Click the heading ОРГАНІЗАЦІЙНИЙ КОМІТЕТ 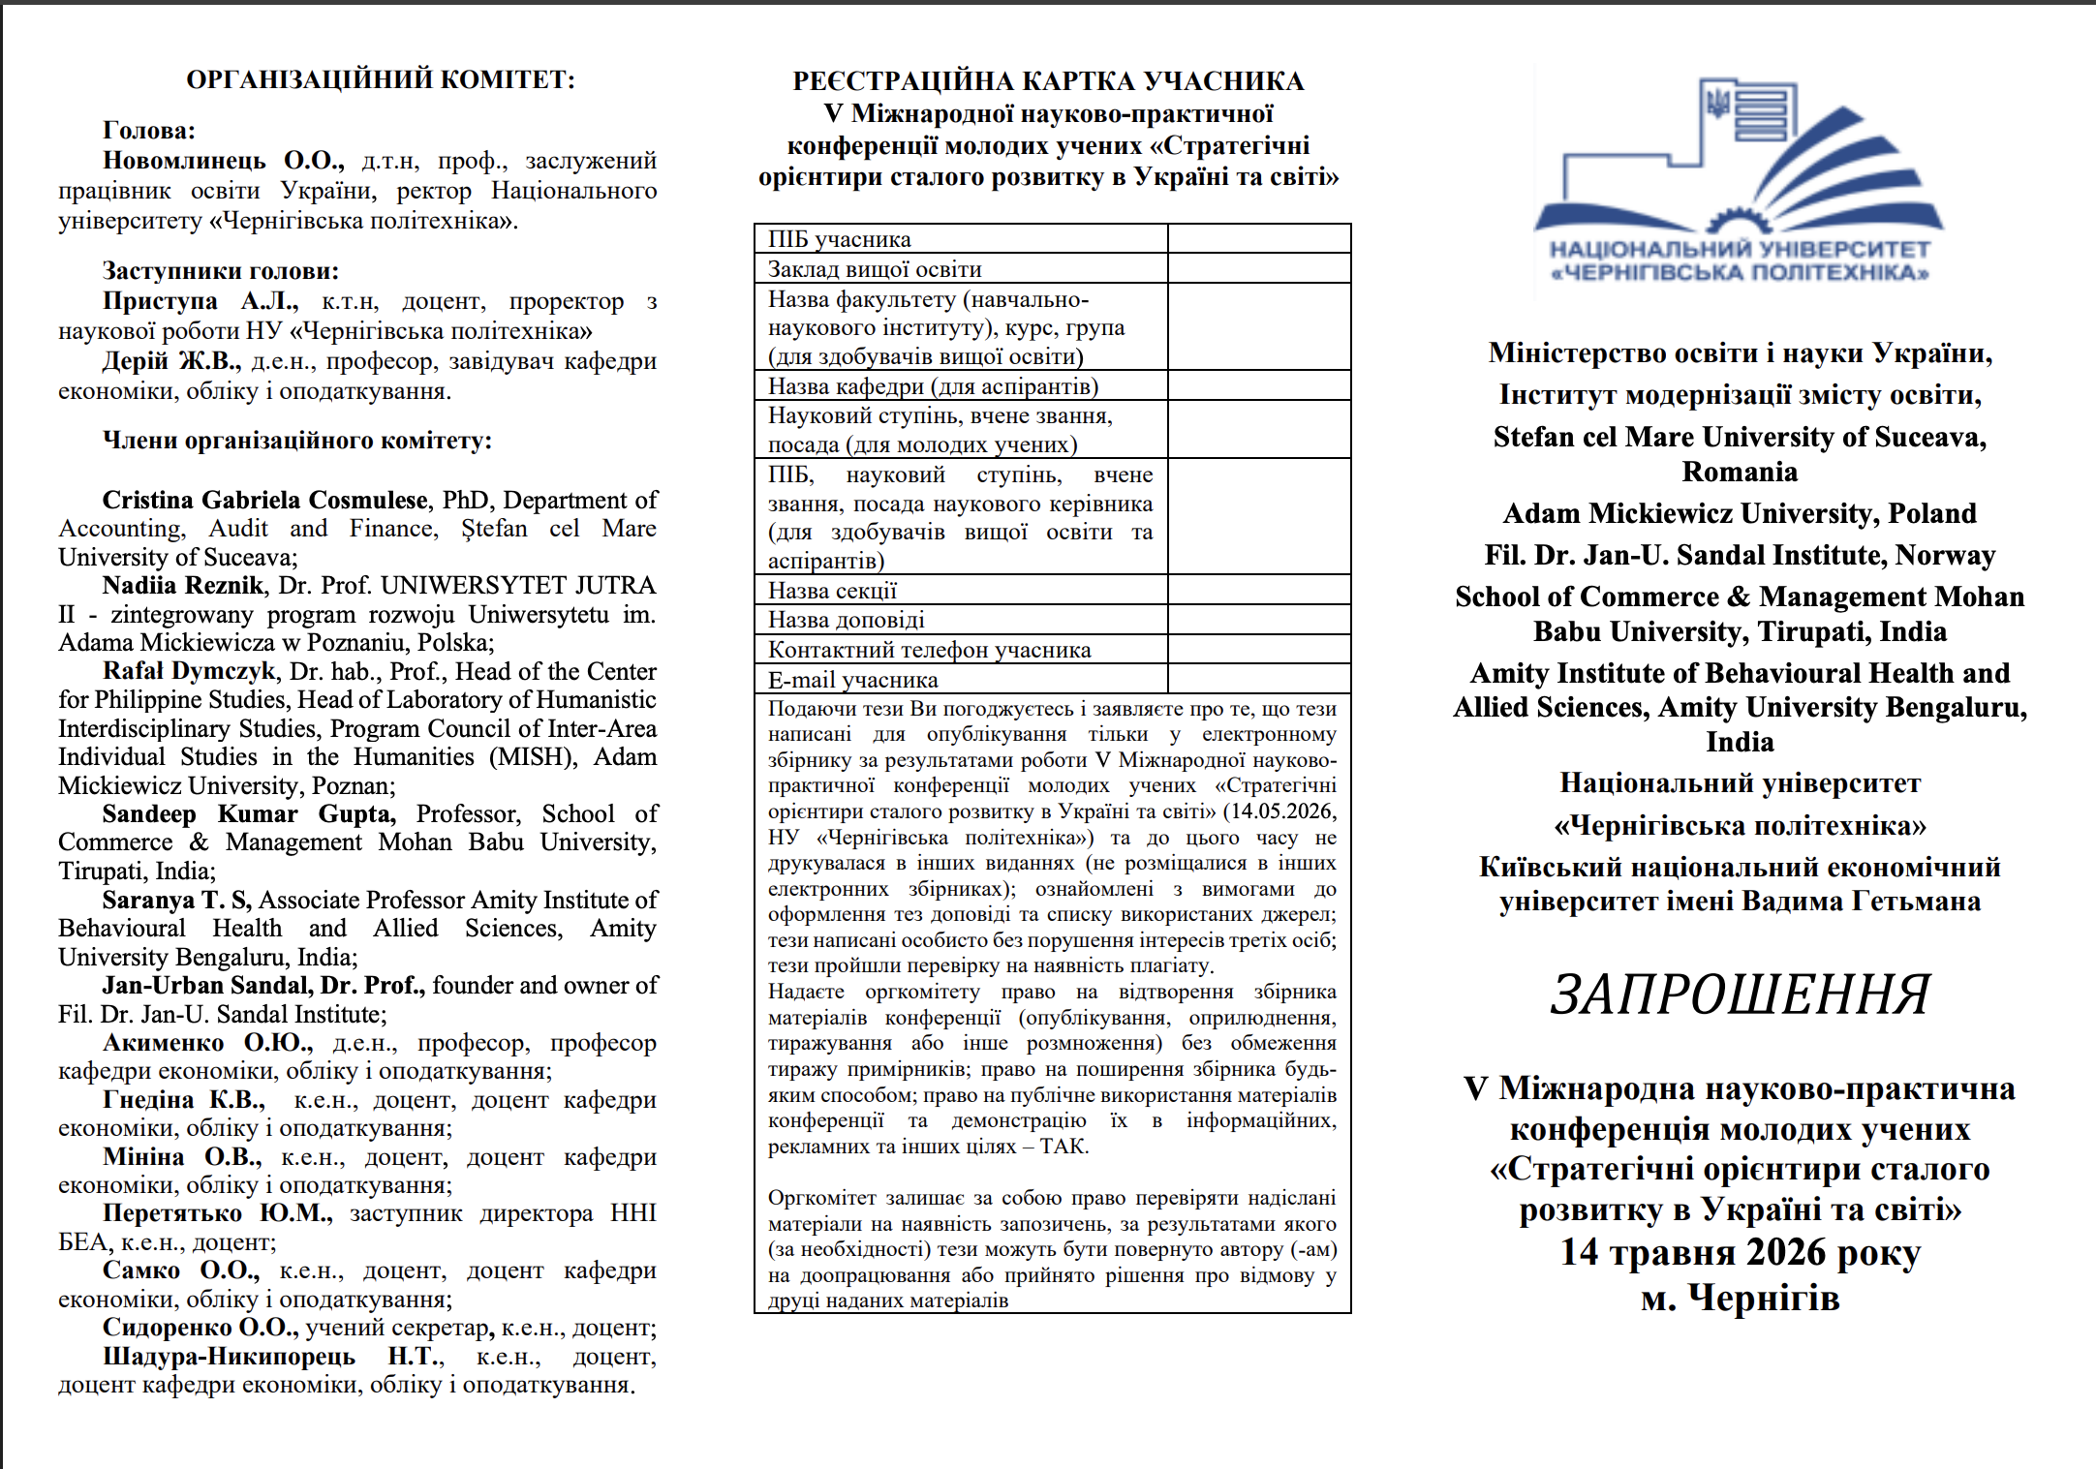pos(380,79)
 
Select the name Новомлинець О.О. pos(223,161)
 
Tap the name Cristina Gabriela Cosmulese pos(264,500)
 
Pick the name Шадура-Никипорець pos(229,1356)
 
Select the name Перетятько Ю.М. pos(217,1213)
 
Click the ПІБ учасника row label pos(839,239)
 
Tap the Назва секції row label pos(832,591)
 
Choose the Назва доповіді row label pos(846,620)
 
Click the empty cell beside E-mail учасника pos(1258,679)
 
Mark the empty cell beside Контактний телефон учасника pos(1258,649)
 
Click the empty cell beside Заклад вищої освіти pos(1258,268)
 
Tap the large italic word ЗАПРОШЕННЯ pos(1740,995)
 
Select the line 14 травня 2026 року pos(1740,1252)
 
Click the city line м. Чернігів pos(1740,1298)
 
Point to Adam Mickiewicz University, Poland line pos(1740,513)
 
